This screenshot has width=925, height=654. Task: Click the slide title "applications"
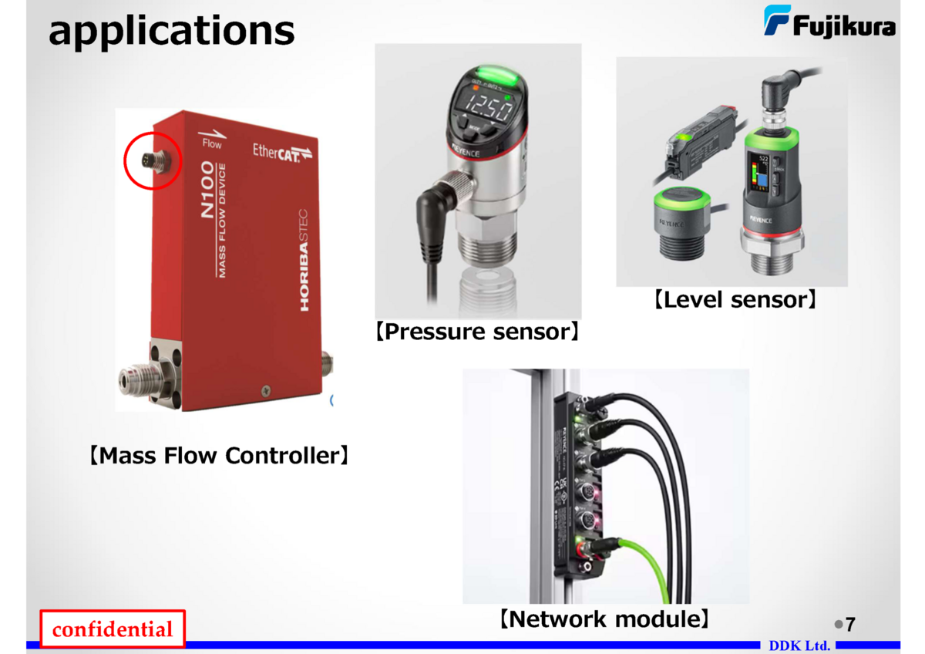coord(171,31)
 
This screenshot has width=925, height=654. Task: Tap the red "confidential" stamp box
coord(113,629)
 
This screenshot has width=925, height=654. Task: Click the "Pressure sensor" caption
coord(478,332)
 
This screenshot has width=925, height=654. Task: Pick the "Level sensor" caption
coord(735,299)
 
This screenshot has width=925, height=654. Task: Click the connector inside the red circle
coord(153,162)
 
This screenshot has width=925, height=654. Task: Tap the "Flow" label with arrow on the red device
coord(210,139)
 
